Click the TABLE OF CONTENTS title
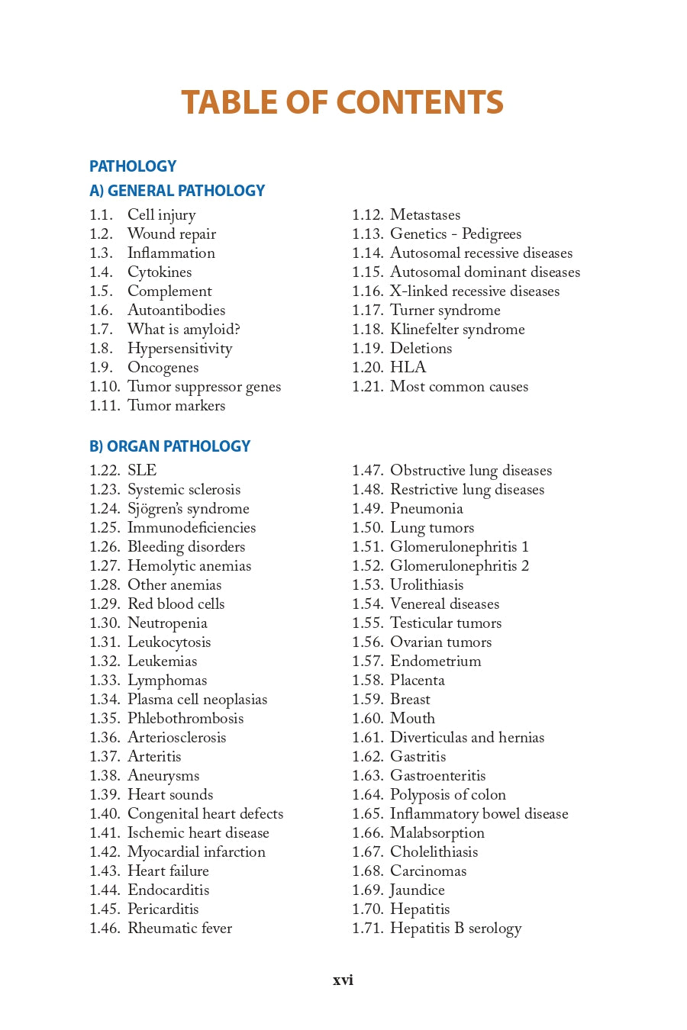click(342, 102)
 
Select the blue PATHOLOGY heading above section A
click(133, 166)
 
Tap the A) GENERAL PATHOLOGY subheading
click(177, 191)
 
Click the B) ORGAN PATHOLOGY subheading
click(169, 446)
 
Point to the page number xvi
click(343, 980)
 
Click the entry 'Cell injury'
click(161, 215)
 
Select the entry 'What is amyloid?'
click(183, 330)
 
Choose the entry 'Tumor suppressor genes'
click(204, 387)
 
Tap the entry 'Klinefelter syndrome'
click(457, 330)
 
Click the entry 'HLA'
click(408, 368)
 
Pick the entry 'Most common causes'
click(459, 387)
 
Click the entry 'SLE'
click(142, 471)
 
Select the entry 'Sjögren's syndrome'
click(188, 509)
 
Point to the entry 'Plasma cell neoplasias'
click(197, 700)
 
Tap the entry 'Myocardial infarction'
click(196, 852)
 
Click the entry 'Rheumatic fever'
click(179, 929)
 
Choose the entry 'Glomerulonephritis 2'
click(459, 566)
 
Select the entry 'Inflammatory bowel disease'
click(479, 814)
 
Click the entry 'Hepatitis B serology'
click(456, 929)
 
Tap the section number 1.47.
click(367, 471)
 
